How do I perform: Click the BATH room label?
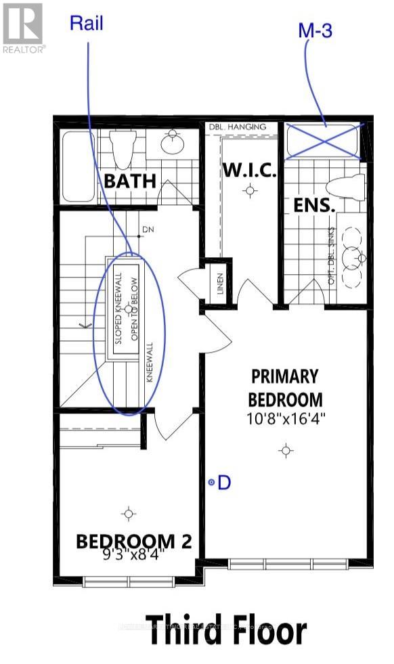coord(130,181)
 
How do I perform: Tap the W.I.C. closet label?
coord(249,171)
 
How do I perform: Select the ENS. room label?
coord(315,204)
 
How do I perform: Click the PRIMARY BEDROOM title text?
coord(285,386)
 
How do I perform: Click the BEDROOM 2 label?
coord(133,541)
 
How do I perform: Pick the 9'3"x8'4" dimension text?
coord(133,557)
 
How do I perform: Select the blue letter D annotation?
coord(224,483)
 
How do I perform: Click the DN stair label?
coord(148,230)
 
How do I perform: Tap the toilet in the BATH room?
coord(122,150)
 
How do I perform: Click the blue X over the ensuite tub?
coord(325,141)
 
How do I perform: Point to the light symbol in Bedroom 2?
coord(129,514)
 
